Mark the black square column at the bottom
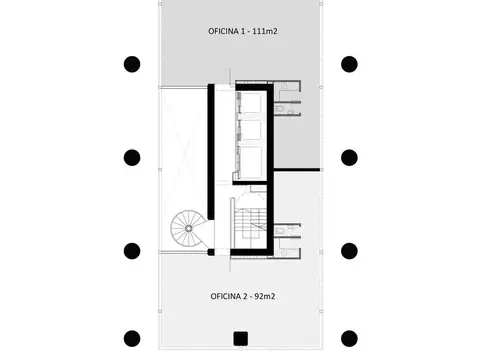pyautogui.click(x=240, y=338)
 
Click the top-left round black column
pyautogui.click(x=131, y=65)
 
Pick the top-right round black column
pyautogui.click(x=349, y=65)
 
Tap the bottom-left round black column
pyautogui.click(x=131, y=338)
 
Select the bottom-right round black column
pyautogui.click(x=349, y=338)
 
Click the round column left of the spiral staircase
pyautogui.click(x=131, y=250)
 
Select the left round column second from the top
pyautogui.click(x=131, y=157)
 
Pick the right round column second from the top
pyautogui.click(x=349, y=157)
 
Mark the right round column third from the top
pyautogui.click(x=349, y=250)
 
